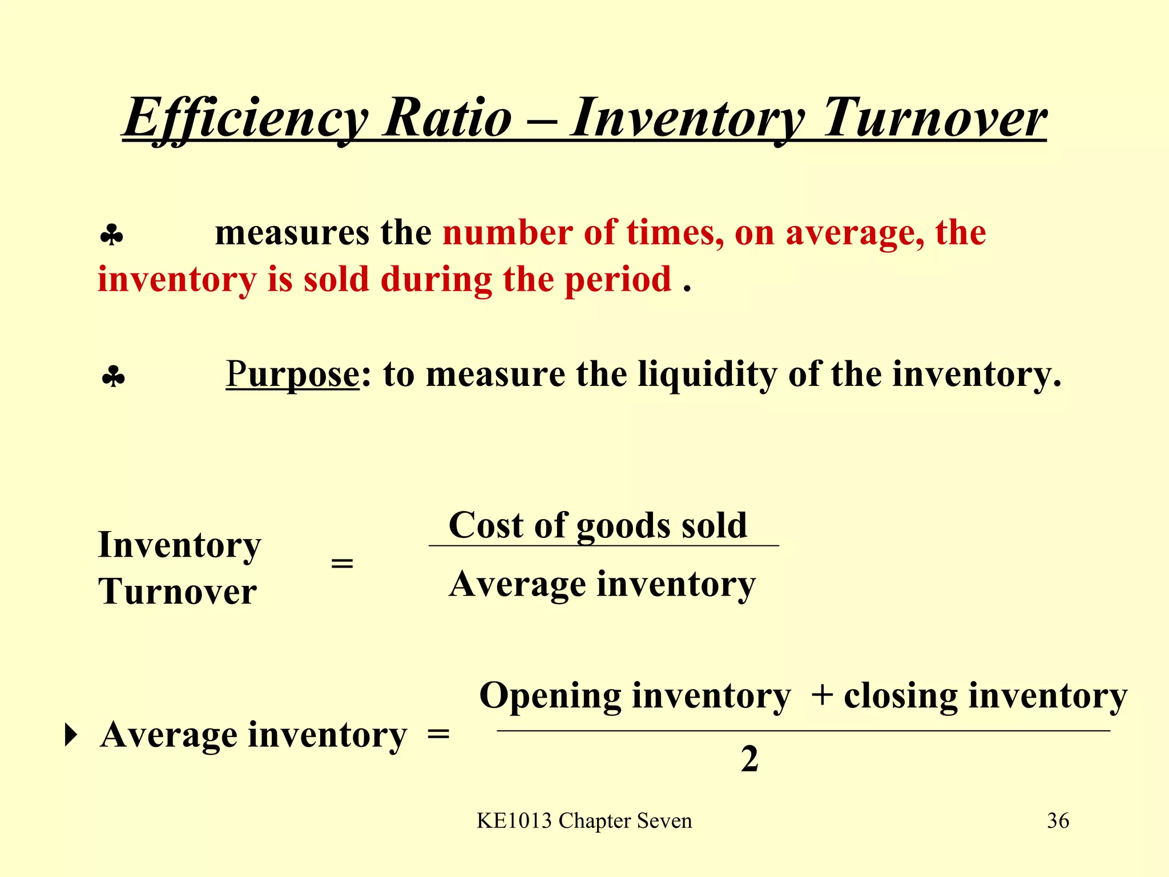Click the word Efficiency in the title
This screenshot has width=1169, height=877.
point(245,119)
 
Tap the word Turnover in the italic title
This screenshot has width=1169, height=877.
point(934,119)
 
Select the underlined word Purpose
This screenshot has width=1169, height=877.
point(292,375)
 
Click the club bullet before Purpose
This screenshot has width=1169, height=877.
point(113,377)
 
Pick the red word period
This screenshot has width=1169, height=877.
point(618,280)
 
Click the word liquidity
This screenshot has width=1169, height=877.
point(707,375)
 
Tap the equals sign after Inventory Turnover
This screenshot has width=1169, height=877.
point(342,564)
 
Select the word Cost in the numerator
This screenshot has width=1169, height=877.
point(485,525)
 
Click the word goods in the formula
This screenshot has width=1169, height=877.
point(624,526)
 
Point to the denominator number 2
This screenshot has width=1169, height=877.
point(749,759)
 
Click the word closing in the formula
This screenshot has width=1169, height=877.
point(901,697)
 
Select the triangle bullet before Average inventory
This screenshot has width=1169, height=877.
point(70,735)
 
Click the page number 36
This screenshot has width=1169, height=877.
point(1058,821)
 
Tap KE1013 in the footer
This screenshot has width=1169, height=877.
point(514,821)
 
